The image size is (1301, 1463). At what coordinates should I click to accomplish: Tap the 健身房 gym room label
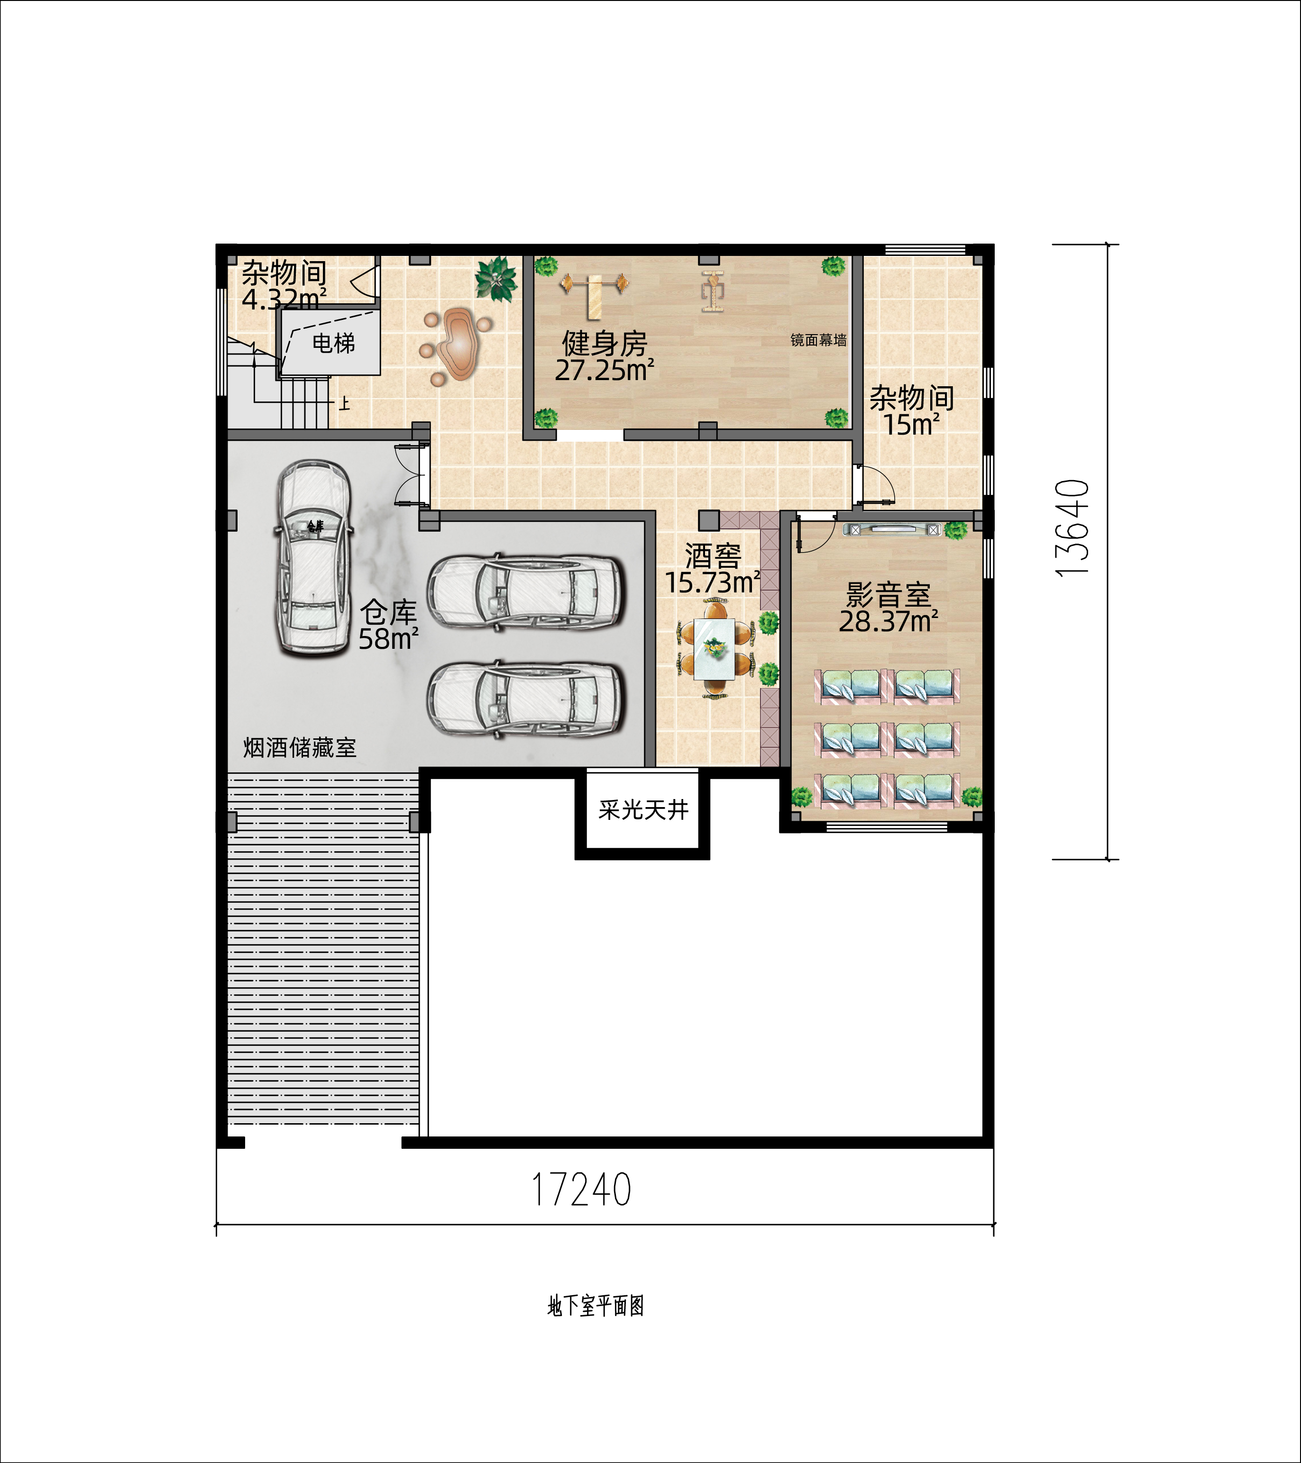coord(605,344)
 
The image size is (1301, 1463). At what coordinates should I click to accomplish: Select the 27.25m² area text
coord(605,370)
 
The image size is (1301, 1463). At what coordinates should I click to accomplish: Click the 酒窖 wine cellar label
coord(713,555)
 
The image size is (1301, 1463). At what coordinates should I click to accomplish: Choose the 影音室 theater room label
coord(889,594)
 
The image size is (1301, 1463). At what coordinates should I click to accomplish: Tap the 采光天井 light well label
coord(643,809)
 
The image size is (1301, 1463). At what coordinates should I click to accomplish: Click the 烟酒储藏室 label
coord(299,748)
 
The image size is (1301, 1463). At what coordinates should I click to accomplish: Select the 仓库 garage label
coord(388,612)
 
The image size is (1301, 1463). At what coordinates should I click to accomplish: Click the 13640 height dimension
coord(1072,528)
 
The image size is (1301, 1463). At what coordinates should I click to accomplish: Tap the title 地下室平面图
coord(596,1306)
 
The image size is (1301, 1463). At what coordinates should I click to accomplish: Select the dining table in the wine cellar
coord(714,648)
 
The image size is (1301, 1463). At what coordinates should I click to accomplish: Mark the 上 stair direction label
coord(344,404)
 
